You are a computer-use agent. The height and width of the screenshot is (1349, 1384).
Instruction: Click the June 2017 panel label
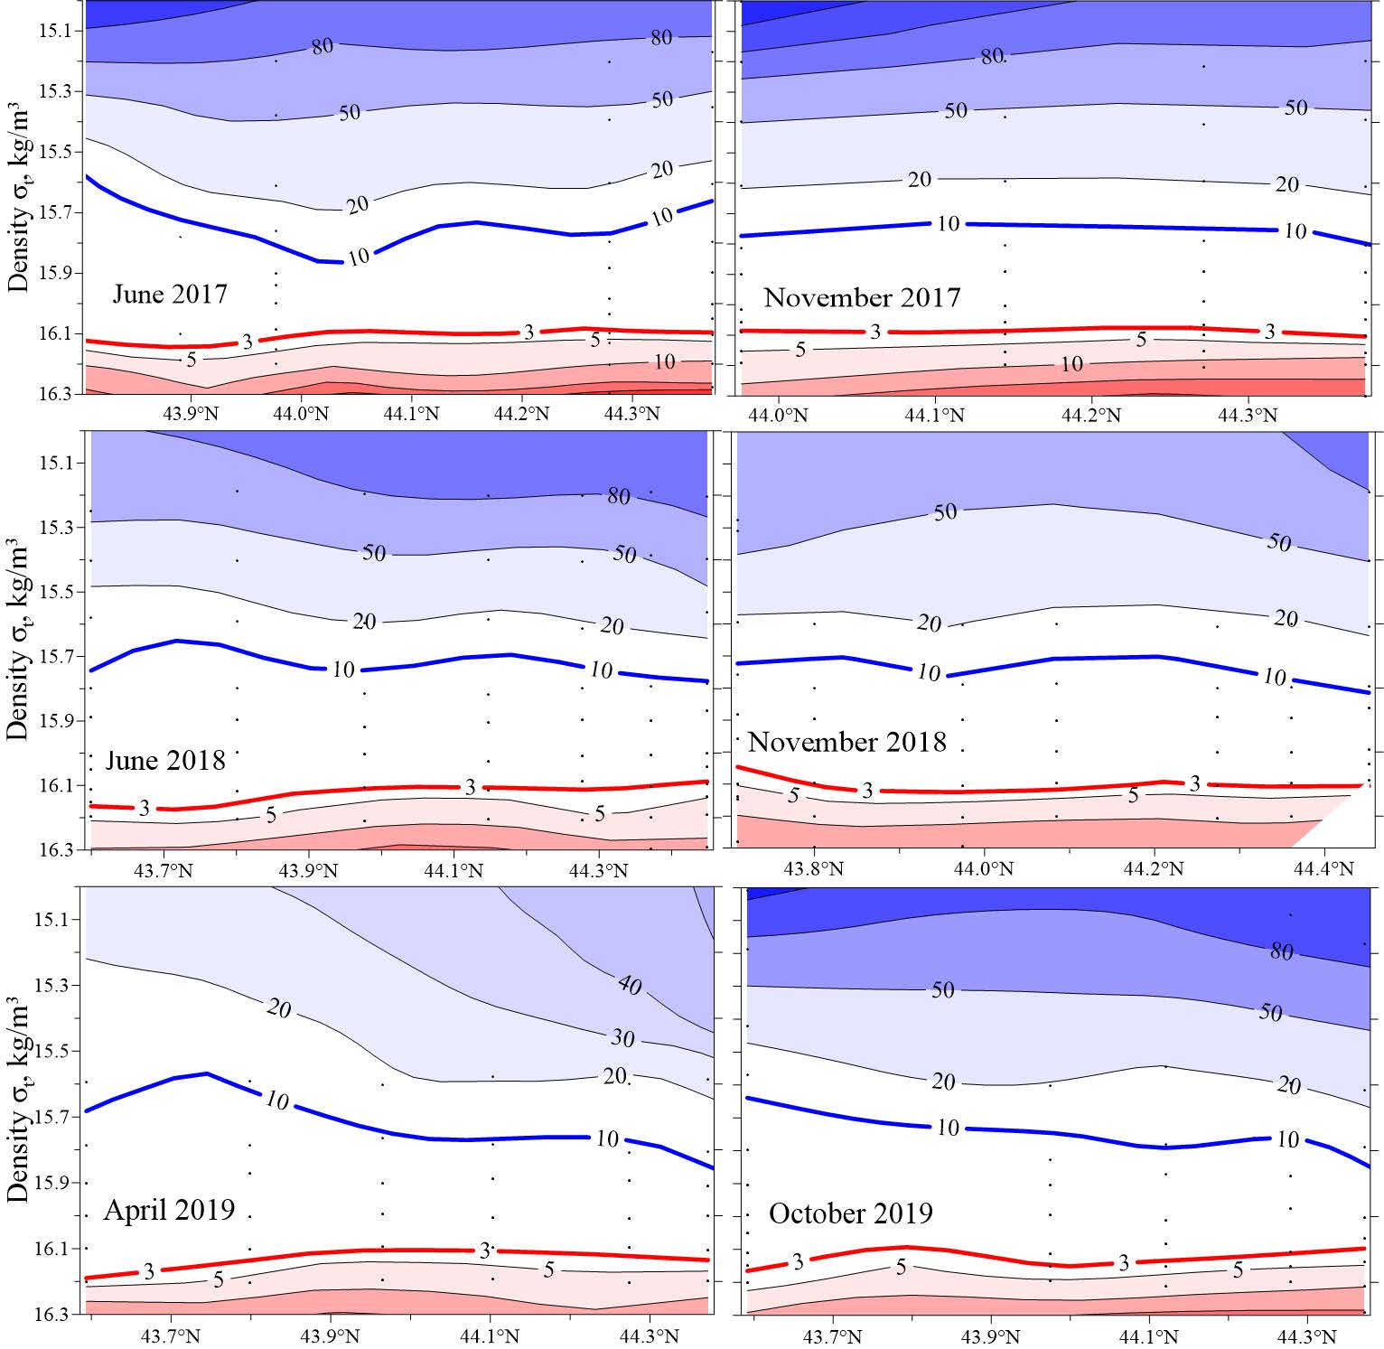(x=170, y=295)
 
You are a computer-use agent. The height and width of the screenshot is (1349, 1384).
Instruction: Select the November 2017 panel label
(x=862, y=297)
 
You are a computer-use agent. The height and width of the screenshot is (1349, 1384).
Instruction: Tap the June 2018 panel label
(x=165, y=760)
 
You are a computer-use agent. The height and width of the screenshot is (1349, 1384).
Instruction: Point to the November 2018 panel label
(x=846, y=742)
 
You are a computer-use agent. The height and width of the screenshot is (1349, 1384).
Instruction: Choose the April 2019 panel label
(x=169, y=1209)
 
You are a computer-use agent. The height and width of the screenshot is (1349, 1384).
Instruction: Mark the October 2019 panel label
(x=850, y=1213)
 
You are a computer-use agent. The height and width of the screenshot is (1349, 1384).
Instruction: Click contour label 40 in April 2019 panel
(x=630, y=984)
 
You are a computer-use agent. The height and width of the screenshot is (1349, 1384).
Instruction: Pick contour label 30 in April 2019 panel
(x=622, y=1038)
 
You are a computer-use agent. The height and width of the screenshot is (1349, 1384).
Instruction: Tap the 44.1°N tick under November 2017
(x=936, y=416)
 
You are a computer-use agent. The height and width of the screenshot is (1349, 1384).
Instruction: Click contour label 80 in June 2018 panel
(x=619, y=496)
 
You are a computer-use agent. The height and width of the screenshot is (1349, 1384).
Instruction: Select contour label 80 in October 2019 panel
(x=1281, y=951)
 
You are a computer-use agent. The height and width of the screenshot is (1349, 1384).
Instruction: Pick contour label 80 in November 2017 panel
(x=992, y=56)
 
